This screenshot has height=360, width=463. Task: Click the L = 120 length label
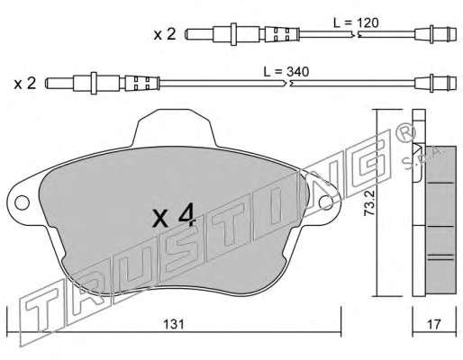356,23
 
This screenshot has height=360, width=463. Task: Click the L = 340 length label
286,72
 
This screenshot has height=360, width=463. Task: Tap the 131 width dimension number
174,324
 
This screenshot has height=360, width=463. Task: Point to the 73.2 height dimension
368,202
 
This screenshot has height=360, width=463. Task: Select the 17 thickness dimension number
434,324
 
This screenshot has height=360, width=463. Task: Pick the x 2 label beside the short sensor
165,34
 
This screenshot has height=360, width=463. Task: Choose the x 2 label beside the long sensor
25,83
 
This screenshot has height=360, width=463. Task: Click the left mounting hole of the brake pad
22,202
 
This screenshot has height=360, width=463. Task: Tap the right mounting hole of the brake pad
326,202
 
